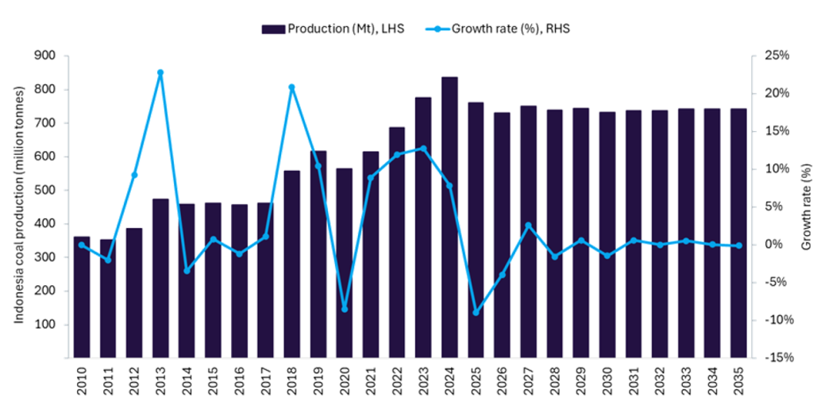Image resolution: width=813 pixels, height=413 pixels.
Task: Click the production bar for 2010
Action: pyautogui.click(x=82, y=297)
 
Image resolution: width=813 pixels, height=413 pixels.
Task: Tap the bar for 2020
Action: pyautogui.click(x=345, y=263)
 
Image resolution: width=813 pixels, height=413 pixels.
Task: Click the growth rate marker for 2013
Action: pyautogui.click(x=160, y=72)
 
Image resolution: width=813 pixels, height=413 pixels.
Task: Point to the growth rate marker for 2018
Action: pyautogui.click(x=291, y=87)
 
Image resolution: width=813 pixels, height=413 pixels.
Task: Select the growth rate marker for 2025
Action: pyautogui.click(x=476, y=312)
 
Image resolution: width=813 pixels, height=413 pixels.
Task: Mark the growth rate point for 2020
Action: pyautogui.click(x=345, y=309)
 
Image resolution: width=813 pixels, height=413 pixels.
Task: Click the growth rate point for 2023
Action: pyautogui.click(x=423, y=149)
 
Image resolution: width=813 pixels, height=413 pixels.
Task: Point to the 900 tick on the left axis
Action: pyautogui.click(x=46, y=56)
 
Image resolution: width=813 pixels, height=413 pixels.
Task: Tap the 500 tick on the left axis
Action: pyautogui.click(x=46, y=190)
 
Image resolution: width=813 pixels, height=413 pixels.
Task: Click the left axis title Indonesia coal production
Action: pyautogui.click(x=18, y=205)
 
